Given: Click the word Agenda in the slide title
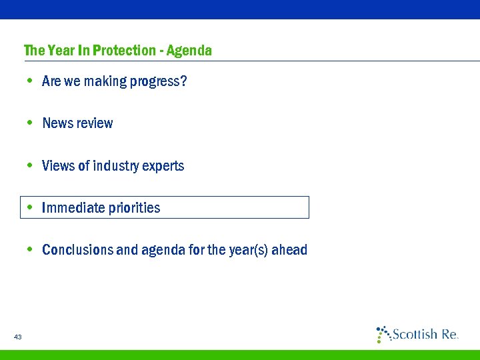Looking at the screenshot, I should click(189, 51).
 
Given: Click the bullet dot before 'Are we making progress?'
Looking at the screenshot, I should click(30, 81).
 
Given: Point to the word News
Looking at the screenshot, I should click(57, 123).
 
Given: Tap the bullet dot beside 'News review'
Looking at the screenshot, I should click(30, 123).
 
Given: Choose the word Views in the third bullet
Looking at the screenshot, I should click(58, 165).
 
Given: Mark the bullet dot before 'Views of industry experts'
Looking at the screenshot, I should click(30, 165).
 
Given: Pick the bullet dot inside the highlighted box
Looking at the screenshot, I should click(30, 207).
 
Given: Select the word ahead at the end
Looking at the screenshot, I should click(292, 250).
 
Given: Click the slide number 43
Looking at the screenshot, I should click(18, 337).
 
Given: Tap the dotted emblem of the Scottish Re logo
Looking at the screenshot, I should click(383, 333).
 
